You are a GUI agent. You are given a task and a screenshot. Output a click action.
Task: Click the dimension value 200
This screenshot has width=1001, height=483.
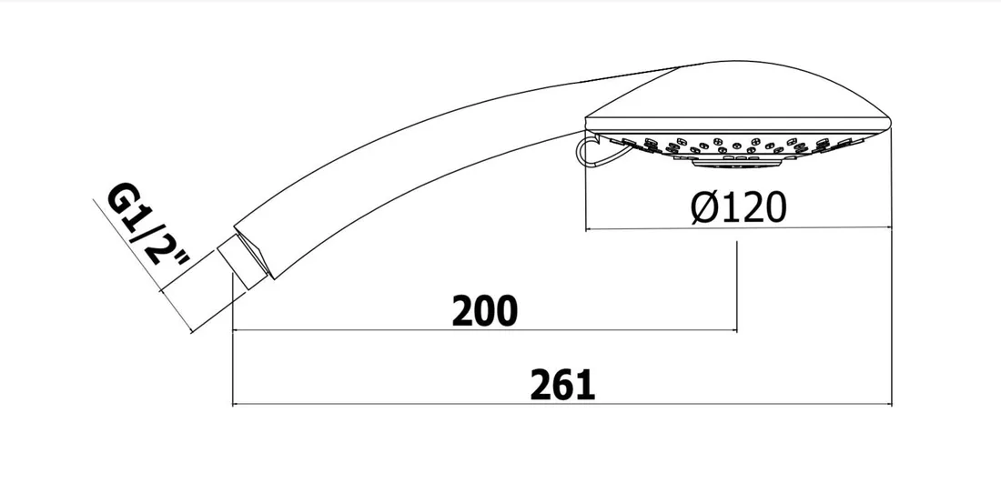click(484, 311)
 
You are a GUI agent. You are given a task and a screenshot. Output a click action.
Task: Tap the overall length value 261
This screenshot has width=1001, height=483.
click(562, 385)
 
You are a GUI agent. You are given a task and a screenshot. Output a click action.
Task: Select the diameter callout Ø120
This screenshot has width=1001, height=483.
click(738, 208)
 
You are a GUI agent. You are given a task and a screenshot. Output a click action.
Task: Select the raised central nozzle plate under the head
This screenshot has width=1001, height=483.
click(737, 164)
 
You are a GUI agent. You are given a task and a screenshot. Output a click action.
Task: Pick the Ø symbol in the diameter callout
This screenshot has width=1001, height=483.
click(704, 208)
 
